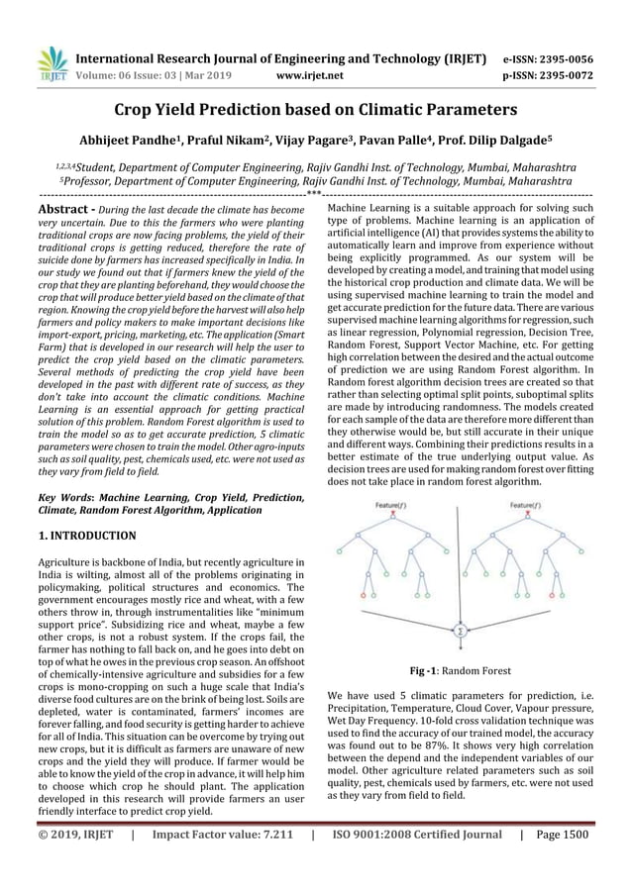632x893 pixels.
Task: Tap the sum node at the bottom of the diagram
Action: coord(460,630)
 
